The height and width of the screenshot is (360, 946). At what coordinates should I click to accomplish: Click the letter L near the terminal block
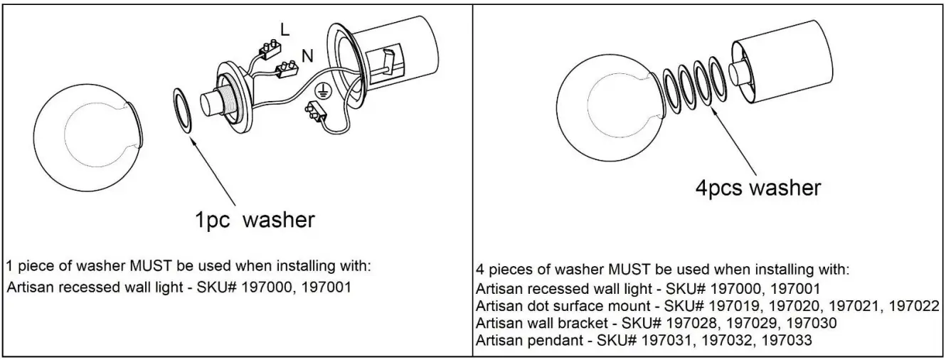coord(285,29)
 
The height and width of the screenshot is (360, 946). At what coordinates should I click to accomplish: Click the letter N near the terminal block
coord(307,54)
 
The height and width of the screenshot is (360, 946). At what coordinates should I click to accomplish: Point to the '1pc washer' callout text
coord(254,220)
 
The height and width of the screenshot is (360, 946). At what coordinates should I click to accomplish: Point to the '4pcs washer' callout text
coord(758,188)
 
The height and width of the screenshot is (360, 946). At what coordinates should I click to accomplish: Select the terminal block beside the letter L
coord(269,48)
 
